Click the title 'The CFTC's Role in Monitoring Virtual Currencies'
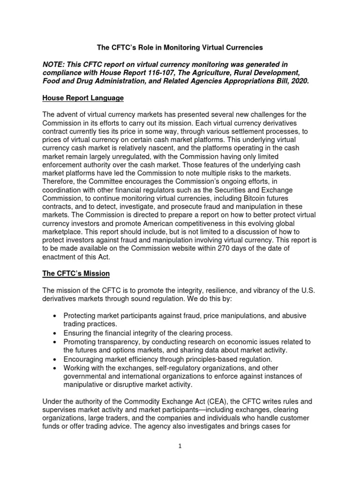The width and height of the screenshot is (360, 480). coord(180,47)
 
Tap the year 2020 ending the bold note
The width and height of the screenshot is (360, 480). coord(298,81)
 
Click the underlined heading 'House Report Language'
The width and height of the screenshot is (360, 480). coord(83,98)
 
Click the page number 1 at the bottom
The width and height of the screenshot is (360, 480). coord(180,446)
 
